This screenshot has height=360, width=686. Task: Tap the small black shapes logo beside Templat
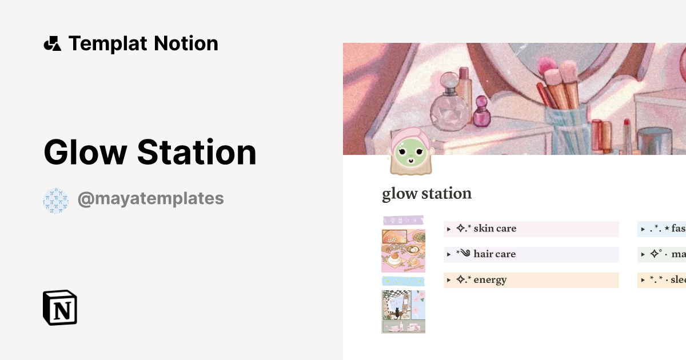(52, 43)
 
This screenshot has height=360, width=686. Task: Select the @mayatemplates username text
(150, 199)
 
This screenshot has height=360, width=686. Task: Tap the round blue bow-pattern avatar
(55, 201)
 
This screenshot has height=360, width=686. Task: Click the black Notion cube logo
(60, 307)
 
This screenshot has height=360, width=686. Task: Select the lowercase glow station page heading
(426, 194)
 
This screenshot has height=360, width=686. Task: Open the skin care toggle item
(494, 229)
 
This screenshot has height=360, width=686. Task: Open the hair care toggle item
(494, 254)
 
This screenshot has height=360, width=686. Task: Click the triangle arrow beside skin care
(449, 229)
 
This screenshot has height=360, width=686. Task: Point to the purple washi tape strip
(403, 220)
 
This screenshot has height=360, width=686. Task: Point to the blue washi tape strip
(403, 281)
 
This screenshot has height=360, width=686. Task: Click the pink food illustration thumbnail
(403, 250)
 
